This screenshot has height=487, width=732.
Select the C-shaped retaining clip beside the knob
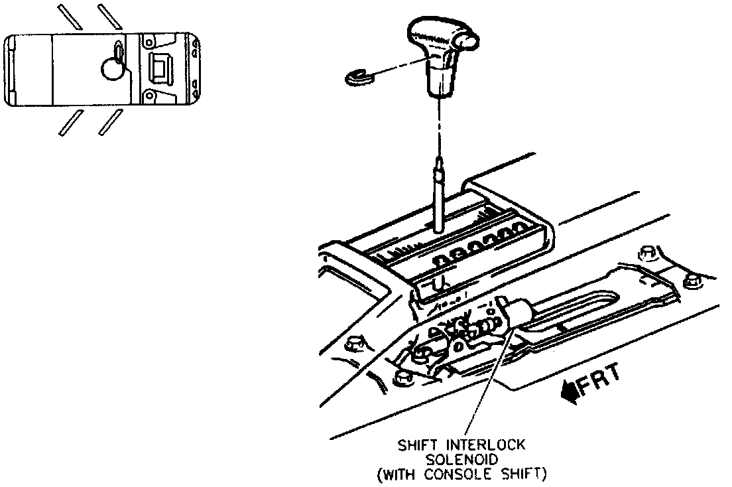(361, 77)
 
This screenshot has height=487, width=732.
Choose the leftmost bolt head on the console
(354, 344)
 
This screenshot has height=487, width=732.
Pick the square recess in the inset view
(160, 68)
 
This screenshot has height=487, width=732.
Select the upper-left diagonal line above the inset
(70, 17)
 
